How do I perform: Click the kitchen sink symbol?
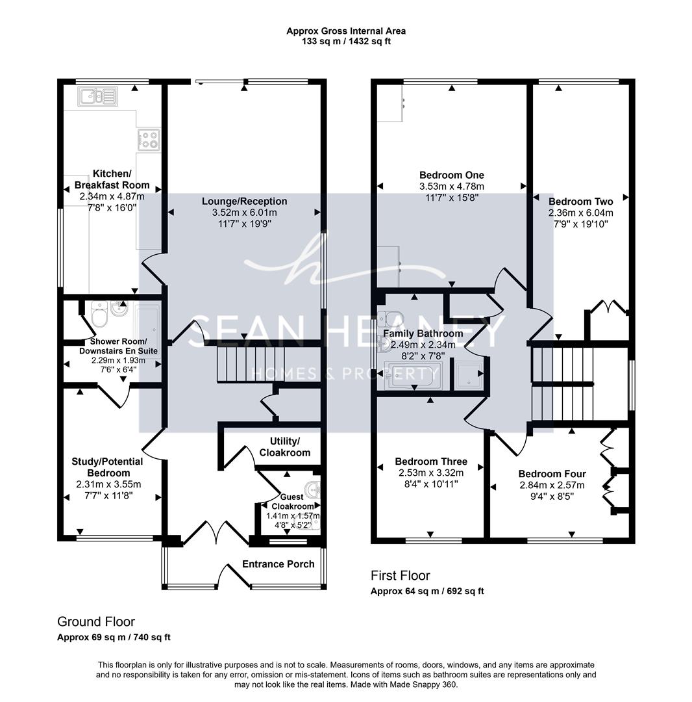(97, 96)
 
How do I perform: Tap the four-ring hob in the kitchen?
(149, 139)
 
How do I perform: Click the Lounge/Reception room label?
(244, 201)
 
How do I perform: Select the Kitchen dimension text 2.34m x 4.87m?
(112, 196)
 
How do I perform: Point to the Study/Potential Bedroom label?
(107, 467)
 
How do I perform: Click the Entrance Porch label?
(278, 564)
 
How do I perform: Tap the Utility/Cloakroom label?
(285, 447)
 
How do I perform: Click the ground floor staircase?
(251, 365)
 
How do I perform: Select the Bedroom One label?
(452, 175)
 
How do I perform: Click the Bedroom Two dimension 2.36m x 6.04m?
(581, 213)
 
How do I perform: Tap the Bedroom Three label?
(431, 461)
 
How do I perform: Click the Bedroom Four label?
(552, 474)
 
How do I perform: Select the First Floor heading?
(400, 576)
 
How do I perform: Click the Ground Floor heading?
(96, 622)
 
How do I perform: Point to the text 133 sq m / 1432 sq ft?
(346, 42)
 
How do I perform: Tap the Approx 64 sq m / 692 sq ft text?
(427, 591)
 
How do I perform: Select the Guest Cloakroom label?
(292, 501)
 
